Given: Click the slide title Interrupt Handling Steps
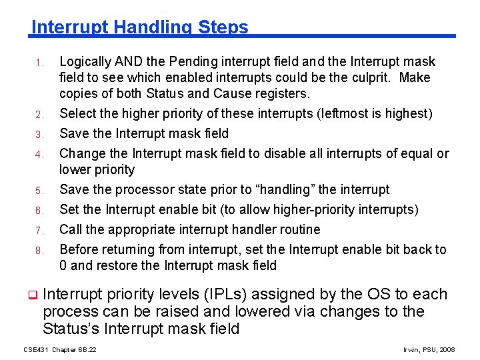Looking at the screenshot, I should coord(140,27).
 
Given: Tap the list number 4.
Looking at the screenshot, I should coord(39,155).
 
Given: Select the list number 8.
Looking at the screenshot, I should coord(39,251).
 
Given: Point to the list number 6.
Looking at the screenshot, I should coord(39,211).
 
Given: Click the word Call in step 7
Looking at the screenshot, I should coord(71,230).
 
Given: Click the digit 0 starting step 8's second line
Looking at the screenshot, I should coord(63,265).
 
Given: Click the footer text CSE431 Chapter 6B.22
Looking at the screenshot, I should coord(60,349).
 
